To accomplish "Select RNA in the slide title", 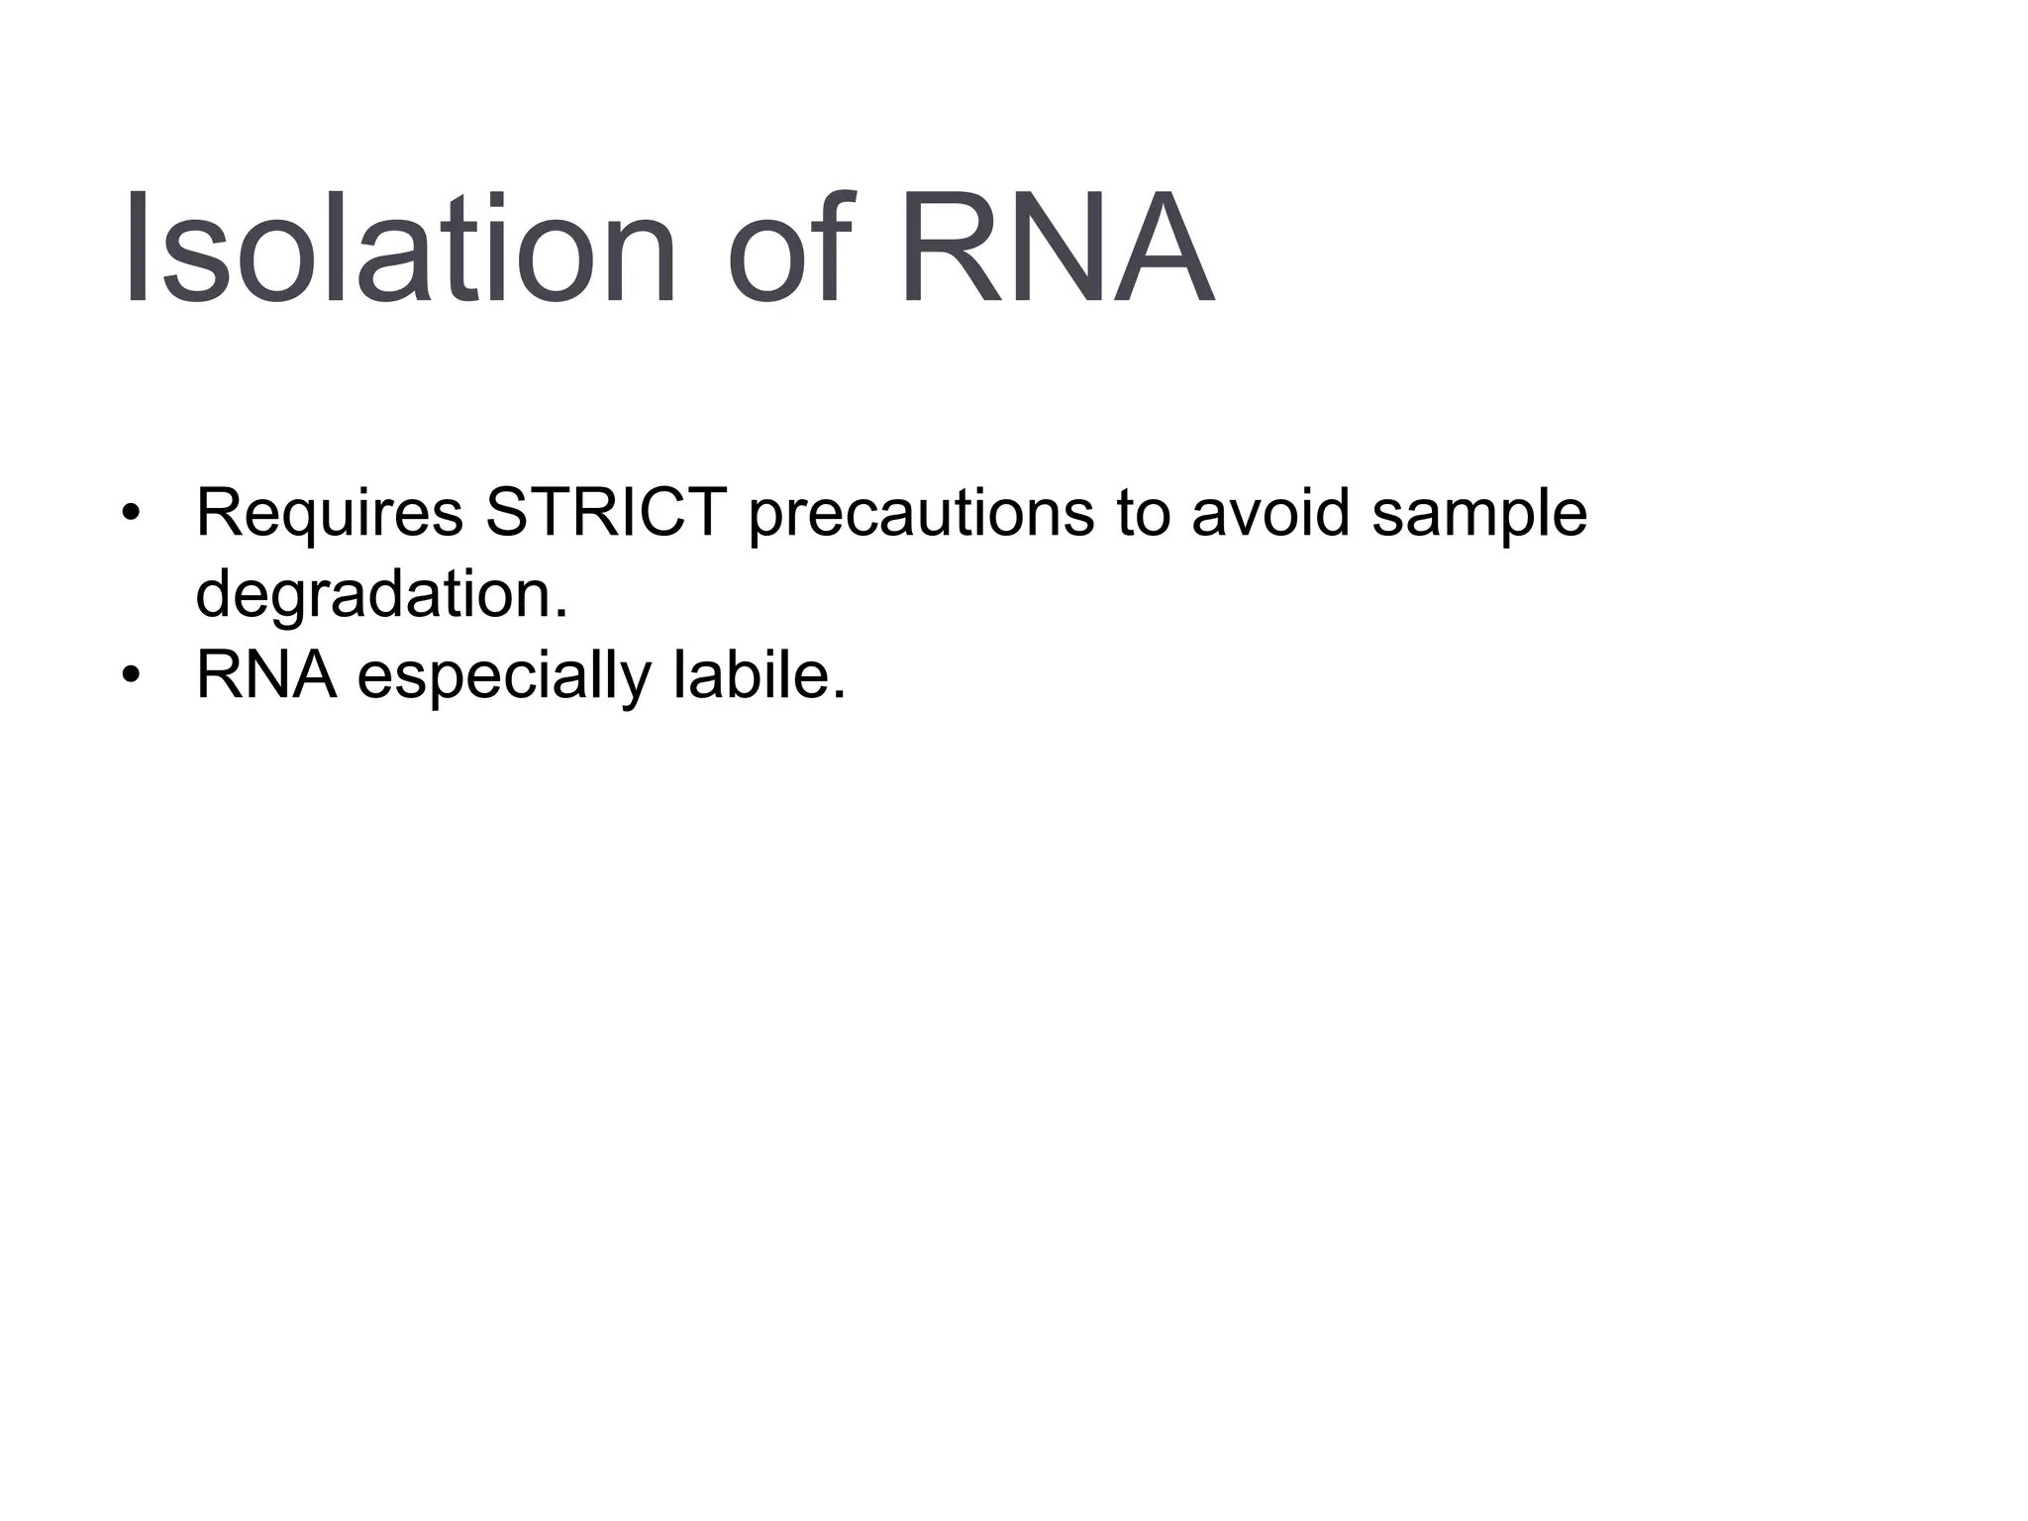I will (x=1056, y=248).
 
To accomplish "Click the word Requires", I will (x=330, y=514).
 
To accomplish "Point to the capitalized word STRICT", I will (x=606, y=512).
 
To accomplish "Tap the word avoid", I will (x=1270, y=513).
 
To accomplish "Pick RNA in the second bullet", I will (x=266, y=675).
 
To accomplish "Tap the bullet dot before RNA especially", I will (x=131, y=677).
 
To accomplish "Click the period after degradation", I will (x=562, y=615).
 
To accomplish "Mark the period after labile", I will (x=840, y=696).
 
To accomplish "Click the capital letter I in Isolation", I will (x=136, y=248).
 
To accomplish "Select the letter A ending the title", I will (x=1158, y=248).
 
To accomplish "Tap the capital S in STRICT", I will (x=508, y=513).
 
